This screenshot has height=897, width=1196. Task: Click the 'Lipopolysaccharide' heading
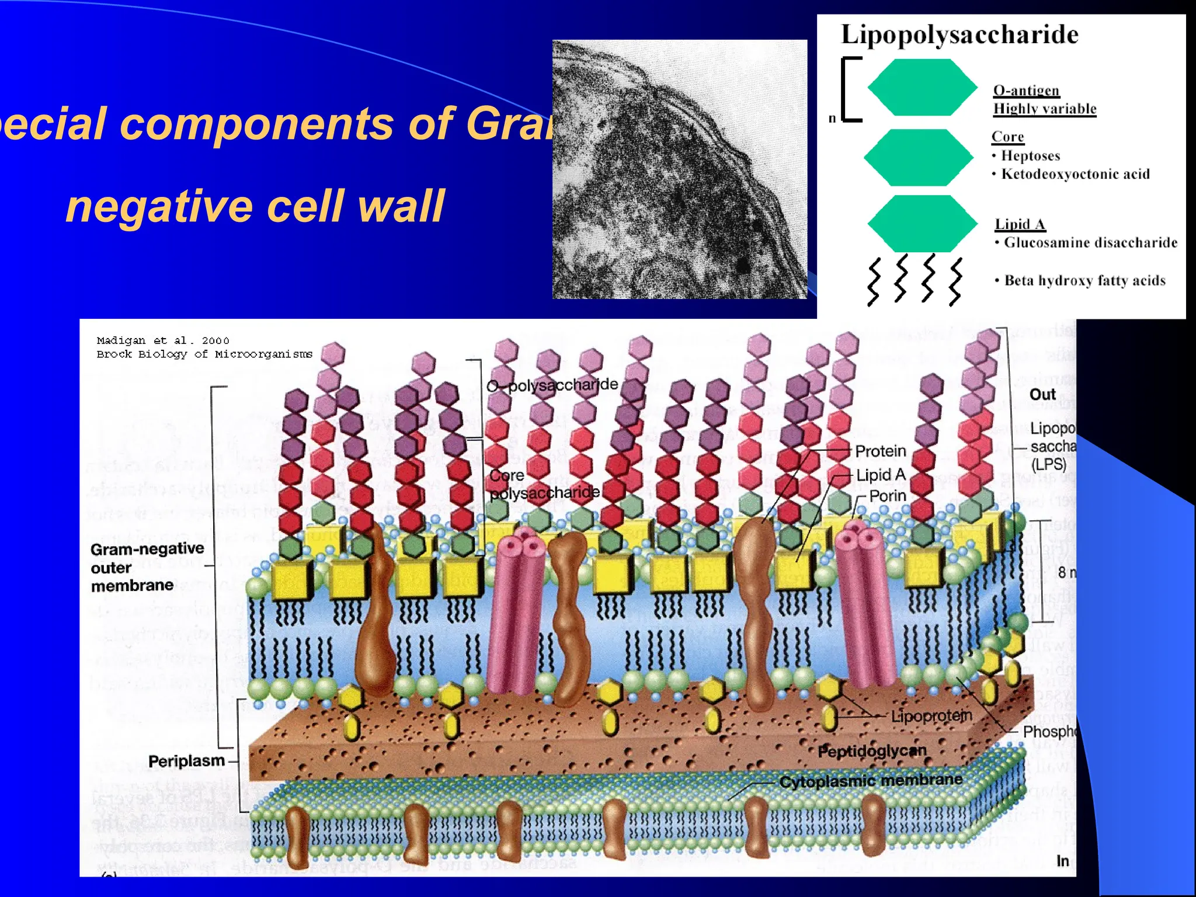click(959, 34)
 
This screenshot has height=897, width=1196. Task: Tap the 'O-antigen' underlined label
click(1026, 91)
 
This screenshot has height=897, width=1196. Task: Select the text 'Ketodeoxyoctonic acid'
click(1075, 174)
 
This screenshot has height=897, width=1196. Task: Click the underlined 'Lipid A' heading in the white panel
click(1020, 224)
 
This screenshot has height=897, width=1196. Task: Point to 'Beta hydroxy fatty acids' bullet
click(1084, 281)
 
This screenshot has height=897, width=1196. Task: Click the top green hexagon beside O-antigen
click(922, 87)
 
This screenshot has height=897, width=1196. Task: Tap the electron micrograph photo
click(679, 169)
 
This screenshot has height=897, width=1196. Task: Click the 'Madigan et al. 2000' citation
click(163, 340)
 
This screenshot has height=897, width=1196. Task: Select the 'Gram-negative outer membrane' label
click(147, 566)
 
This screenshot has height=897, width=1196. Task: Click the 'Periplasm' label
click(186, 761)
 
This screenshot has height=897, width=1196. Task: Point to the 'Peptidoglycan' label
click(871, 751)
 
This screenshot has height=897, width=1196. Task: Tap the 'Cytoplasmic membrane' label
click(870, 781)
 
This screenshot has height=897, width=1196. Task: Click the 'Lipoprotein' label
click(931, 715)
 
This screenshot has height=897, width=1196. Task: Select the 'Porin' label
click(887, 496)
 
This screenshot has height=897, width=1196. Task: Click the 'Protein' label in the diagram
click(880, 451)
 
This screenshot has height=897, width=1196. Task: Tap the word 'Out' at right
click(1042, 395)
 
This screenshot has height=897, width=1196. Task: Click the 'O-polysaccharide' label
click(552, 385)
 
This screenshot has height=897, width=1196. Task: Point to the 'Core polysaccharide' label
click(544, 484)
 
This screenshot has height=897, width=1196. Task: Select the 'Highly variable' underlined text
click(1044, 109)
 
